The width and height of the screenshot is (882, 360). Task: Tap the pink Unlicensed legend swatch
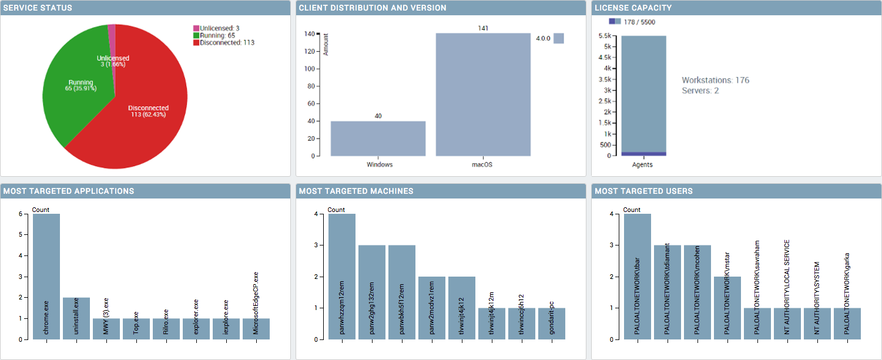(x=196, y=28)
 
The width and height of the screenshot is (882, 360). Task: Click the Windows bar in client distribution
(x=378, y=139)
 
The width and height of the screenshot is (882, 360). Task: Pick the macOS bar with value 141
(x=483, y=94)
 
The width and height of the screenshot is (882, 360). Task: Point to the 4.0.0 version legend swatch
(x=558, y=38)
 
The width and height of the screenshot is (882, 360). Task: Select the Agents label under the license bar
(x=643, y=165)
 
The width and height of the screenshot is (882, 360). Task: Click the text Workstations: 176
(x=715, y=80)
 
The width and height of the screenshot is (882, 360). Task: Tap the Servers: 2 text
(x=700, y=90)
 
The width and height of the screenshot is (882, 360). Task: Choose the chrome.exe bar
(x=46, y=276)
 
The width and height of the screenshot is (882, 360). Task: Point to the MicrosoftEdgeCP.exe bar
(x=256, y=329)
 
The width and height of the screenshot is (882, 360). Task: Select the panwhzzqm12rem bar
(x=342, y=276)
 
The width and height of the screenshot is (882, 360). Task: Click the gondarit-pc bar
(x=552, y=324)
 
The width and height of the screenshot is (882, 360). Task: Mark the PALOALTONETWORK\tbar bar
(x=638, y=276)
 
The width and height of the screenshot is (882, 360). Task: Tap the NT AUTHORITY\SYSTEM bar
(x=817, y=324)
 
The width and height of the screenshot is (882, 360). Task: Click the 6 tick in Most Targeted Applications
(x=21, y=214)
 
